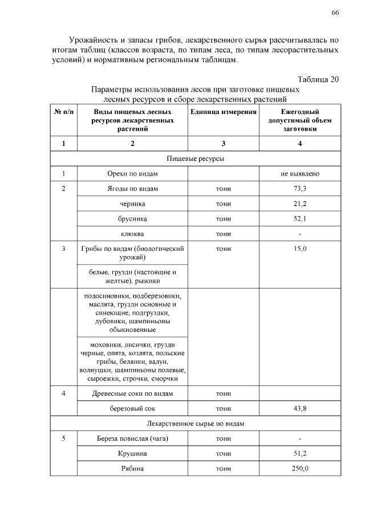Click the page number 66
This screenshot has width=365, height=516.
click(x=335, y=13)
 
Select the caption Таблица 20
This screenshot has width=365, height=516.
click(x=318, y=79)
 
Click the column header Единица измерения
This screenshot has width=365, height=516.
click(x=224, y=112)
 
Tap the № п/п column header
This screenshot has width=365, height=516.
click(x=63, y=112)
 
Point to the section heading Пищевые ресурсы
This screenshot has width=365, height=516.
click(x=196, y=158)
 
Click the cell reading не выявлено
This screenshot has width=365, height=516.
click(x=300, y=173)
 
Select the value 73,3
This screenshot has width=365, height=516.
click(x=300, y=189)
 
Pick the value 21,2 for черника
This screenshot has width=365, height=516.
click(x=300, y=204)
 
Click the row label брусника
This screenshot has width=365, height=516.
click(x=132, y=219)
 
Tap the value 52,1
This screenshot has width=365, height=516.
click(x=300, y=219)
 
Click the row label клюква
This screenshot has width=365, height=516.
click(x=132, y=234)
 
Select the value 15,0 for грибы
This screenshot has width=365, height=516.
click(x=300, y=249)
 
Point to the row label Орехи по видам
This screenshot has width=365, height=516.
click(x=132, y=173)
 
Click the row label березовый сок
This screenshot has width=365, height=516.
click(x=132, y=408)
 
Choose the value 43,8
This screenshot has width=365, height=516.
click(x=300, y=408)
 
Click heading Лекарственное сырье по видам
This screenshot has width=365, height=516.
click(x=196, y=424)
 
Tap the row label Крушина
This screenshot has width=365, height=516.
click(x=132, y=454)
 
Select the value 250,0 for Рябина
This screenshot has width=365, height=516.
click(x=300, y=469)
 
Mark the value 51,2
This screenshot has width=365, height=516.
click(x=300, y=454)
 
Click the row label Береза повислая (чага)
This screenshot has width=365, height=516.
click(x=132, y=438)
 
